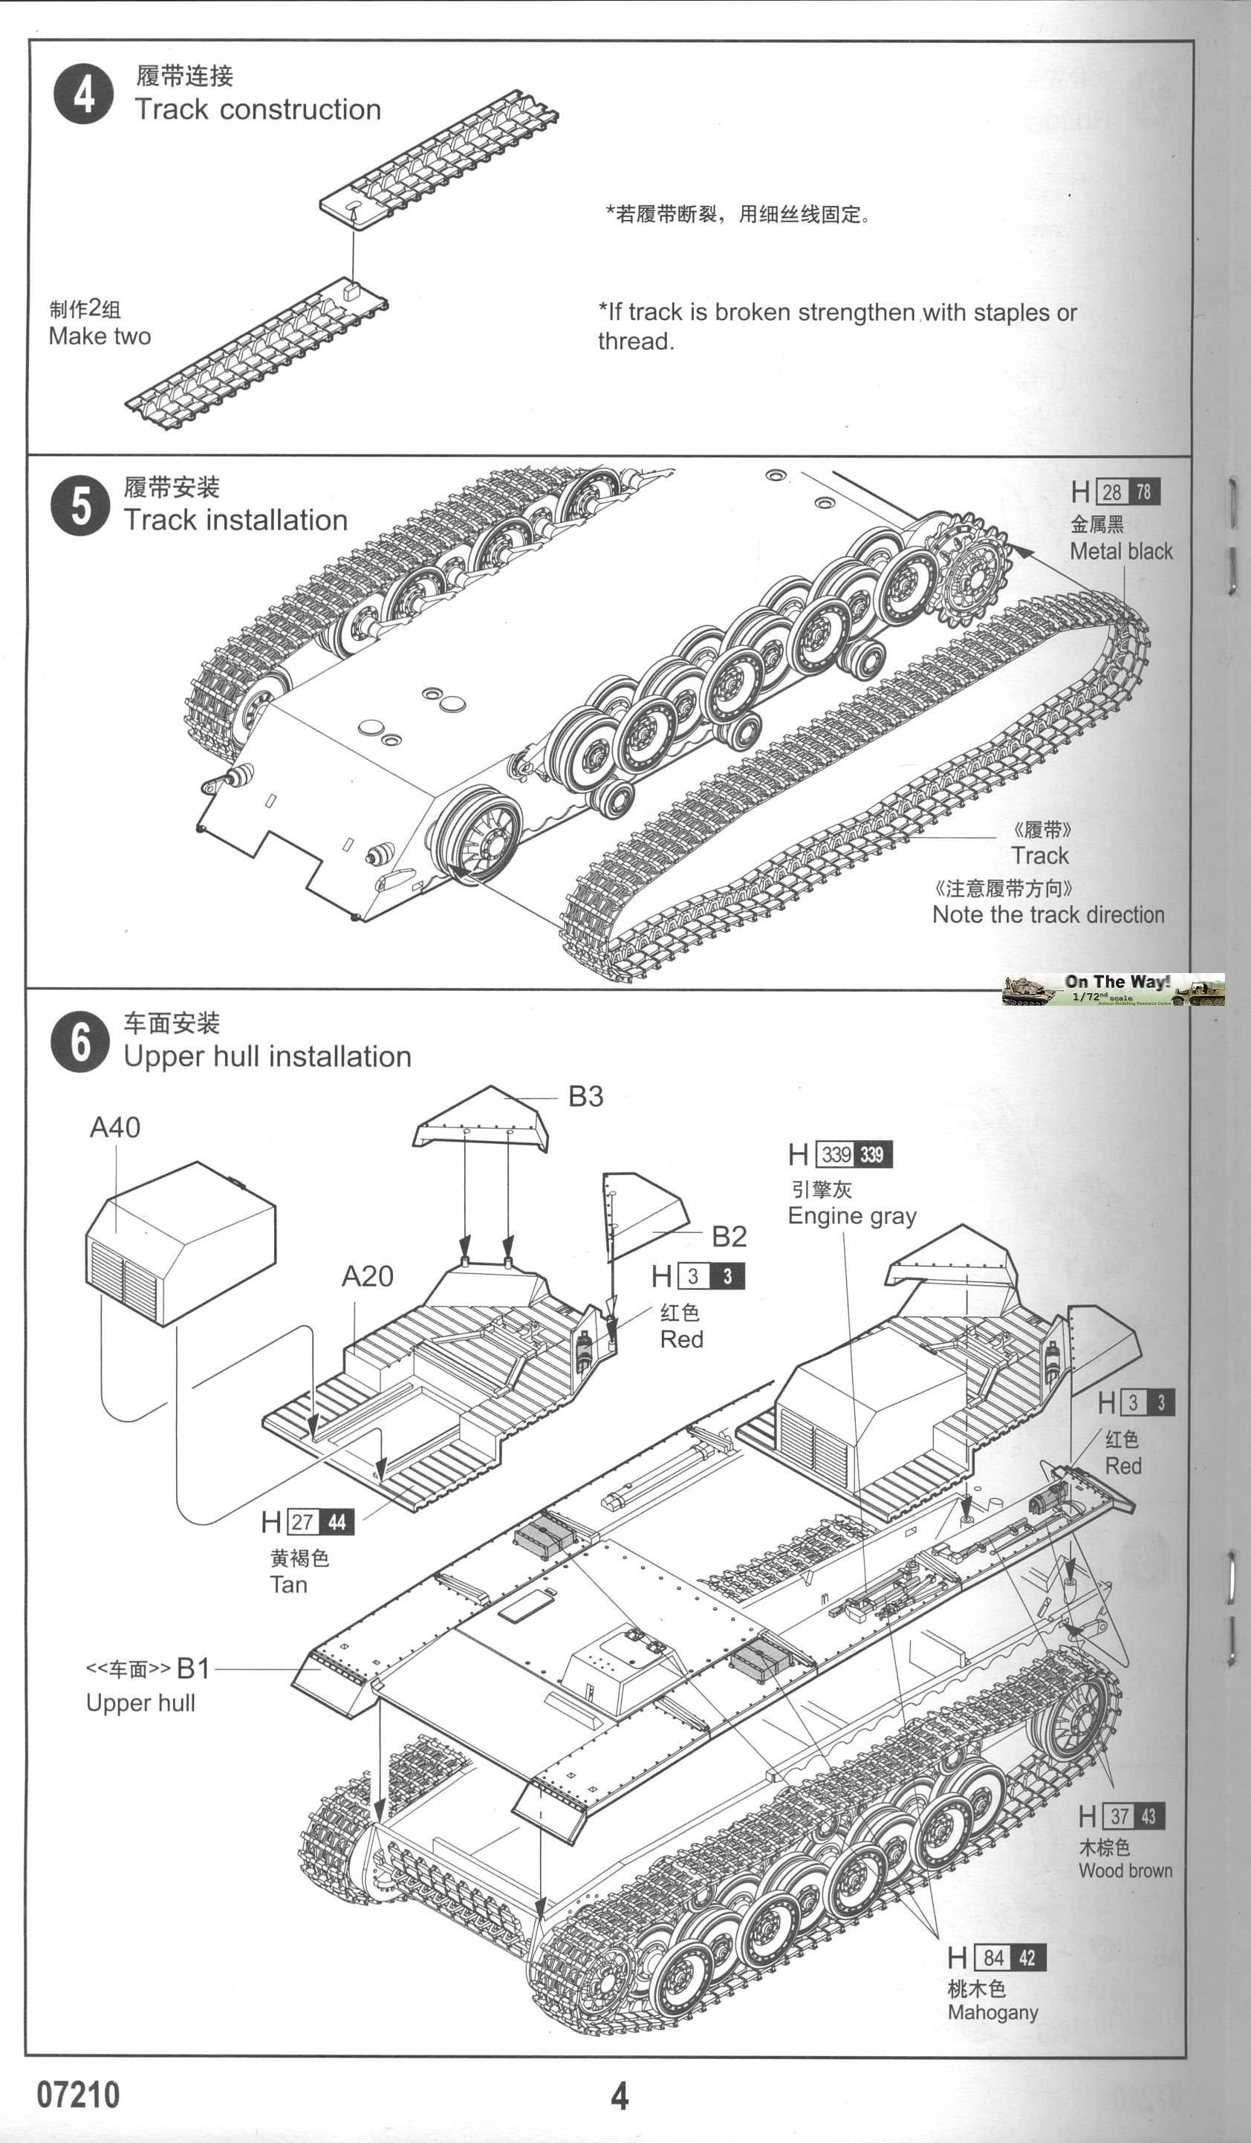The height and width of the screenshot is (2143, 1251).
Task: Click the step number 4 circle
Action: click(83, 94)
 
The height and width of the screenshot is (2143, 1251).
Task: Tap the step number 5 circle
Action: click(80, 506)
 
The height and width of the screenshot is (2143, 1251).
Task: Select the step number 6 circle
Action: click(80, 1041)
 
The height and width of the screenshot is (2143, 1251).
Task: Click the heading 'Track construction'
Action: click(258, 110)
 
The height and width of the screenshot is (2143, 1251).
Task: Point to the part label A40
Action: click(115, 1128)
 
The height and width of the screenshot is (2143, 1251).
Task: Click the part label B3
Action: click(585, 1097)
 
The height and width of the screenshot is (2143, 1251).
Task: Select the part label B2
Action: click(729, 1237)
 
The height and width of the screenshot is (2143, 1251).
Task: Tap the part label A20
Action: click(368, 1276)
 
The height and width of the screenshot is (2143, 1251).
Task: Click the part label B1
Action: click(193, 1668)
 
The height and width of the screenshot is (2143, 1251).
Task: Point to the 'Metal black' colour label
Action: click(1121, 552)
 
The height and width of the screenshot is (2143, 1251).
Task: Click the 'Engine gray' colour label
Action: click(852, 1216)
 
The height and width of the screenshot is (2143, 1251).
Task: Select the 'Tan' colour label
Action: click(288, 1585)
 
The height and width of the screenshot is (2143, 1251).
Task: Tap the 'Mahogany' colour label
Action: click(992, 2013)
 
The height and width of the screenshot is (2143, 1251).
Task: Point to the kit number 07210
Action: click(78, 2095)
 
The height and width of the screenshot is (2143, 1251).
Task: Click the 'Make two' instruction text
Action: click(100, 336)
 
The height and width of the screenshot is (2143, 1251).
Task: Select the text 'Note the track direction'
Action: click(1047, 915)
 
